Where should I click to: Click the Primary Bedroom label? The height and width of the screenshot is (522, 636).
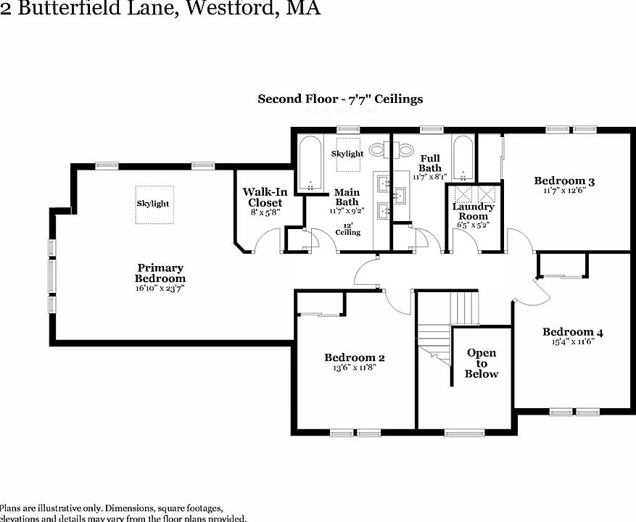[x=160, y=273]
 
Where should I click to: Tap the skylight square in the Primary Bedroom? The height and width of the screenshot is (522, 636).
[x=153, y=204]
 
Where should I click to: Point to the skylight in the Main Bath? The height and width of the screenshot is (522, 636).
[x=347, y=154]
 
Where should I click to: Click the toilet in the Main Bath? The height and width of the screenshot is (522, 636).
[x=377, y=150]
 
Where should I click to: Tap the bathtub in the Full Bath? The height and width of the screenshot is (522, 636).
[x=463, y=158]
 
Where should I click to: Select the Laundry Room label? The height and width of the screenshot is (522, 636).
[x=473, y=211]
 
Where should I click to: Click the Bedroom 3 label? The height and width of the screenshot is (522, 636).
[x=564, y=181]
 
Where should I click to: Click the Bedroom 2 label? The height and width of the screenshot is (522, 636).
[x=354, y=357]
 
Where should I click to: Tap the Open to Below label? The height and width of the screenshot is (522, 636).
[x=482, y=363]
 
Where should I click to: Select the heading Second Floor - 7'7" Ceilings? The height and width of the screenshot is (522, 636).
[x=340, y=99]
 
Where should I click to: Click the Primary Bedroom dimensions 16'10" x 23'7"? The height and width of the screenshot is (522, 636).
[x=160, y=288]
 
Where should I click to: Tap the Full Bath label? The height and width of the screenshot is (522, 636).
[x=429, y=163]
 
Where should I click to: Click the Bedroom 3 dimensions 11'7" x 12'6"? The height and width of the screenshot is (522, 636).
[x=564, y=191]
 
